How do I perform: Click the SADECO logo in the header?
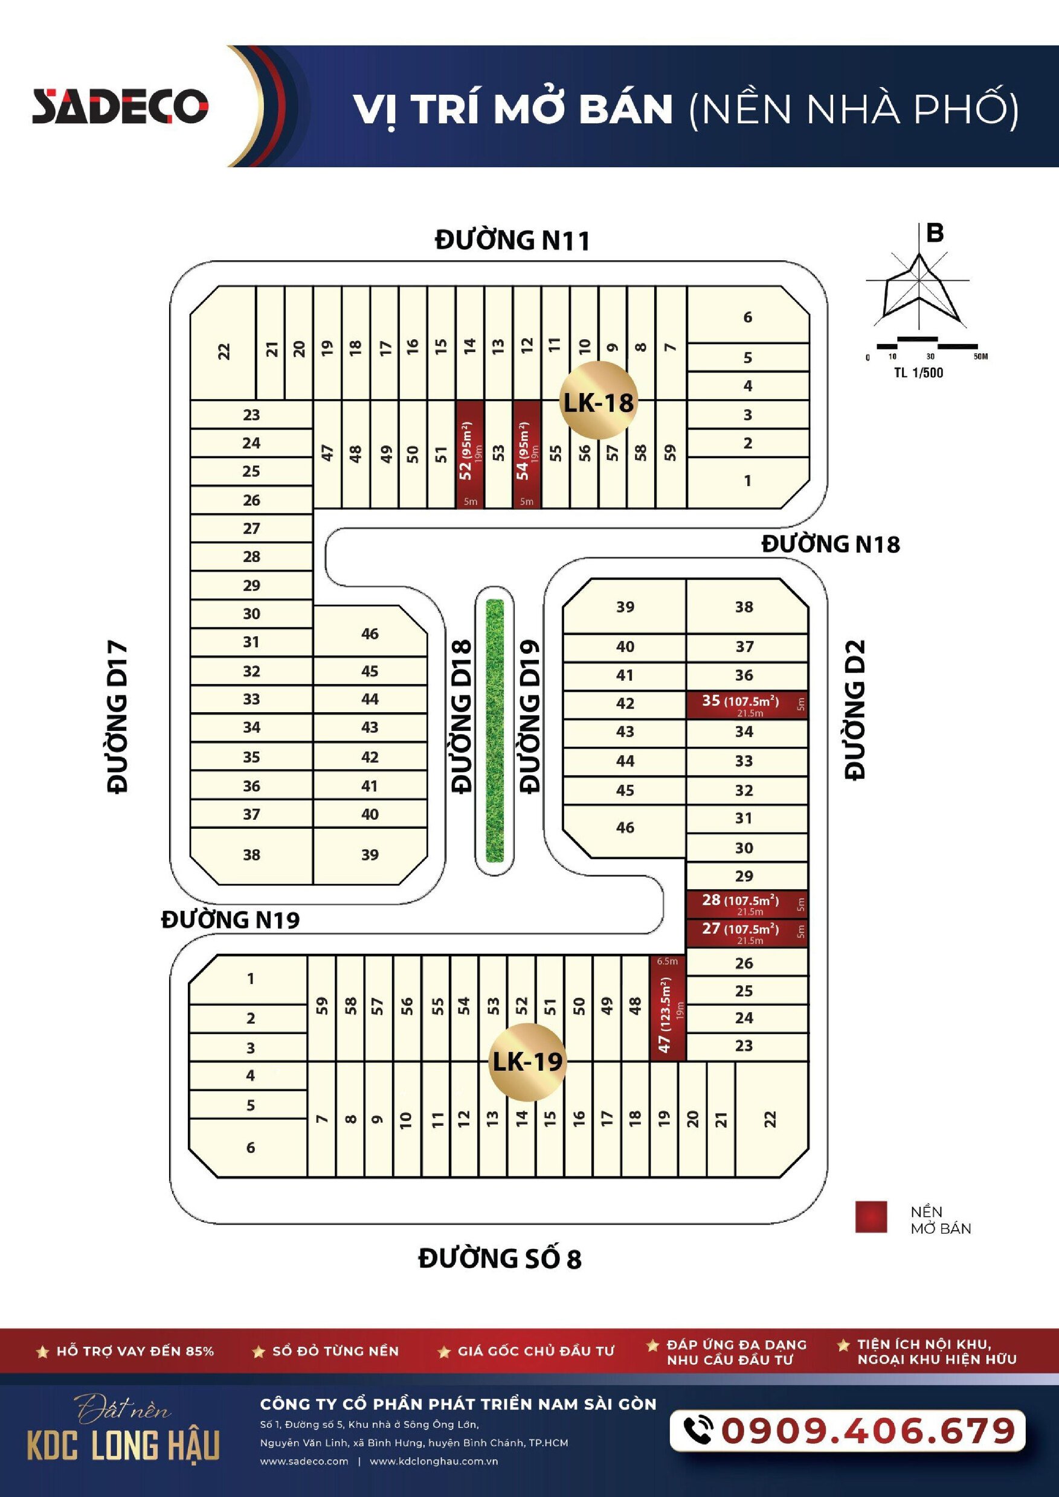coord(120,106)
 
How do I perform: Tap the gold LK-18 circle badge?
coord(598,400)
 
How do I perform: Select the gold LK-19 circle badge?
coord(527,1061)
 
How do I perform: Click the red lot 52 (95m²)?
coord(470,454)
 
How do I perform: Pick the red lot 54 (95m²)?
coord(527,454)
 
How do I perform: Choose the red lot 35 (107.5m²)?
coord(747,705)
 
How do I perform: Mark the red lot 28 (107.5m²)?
coord(747,904)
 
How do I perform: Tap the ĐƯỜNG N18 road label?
coord(831,543)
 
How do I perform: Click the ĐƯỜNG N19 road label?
coord(230,919)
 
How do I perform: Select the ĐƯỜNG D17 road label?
coord(117,717)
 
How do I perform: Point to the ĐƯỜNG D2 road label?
coord(855,709)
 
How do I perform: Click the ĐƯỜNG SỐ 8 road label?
coord(500,1258)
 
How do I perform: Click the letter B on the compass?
coord(935,233)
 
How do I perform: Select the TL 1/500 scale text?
coord(918,373)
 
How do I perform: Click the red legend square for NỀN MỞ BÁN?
coord(871,1218)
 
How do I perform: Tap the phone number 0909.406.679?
coord(869,1431)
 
